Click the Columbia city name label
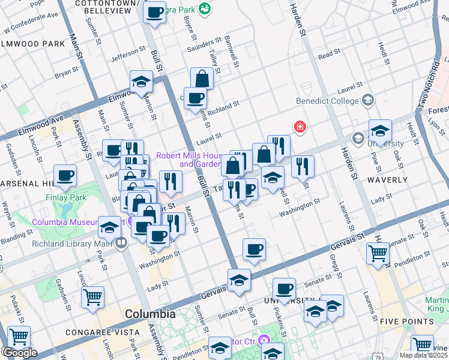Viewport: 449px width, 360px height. [149, 314]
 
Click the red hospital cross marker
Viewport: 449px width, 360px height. [298, 127]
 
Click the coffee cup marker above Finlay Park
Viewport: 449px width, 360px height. [65, 176]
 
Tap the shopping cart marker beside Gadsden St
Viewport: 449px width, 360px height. [92, 298]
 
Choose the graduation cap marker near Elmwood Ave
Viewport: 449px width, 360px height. [141, 82]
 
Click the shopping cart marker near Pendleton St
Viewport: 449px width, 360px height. [378, 254]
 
